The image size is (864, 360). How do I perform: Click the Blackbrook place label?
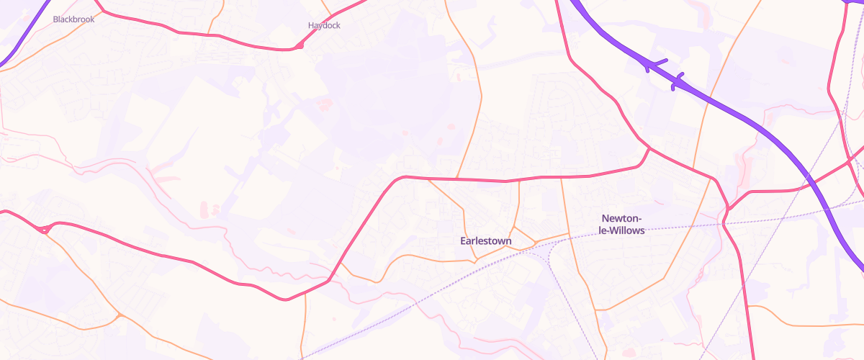coord(73,19)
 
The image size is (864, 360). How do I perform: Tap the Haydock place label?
coord(324,25)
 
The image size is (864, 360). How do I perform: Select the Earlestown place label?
coord(486,240)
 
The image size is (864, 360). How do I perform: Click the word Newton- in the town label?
coord(621,218)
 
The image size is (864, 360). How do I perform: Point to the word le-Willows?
coord(622,230)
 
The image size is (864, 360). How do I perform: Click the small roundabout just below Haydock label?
coord(297,47)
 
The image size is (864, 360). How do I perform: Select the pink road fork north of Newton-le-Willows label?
coord(649,149)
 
